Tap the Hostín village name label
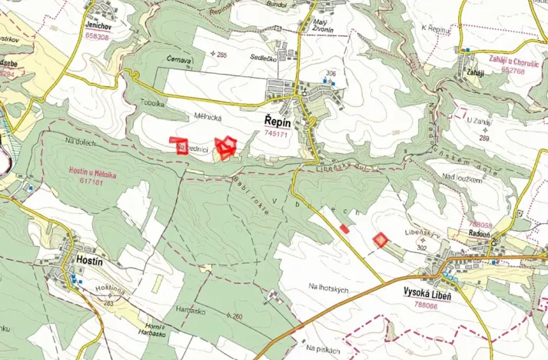pyautogui.click(x=91, y=261)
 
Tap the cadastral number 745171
pyautogui.click(x=275, y=134)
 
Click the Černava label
pyautogui.click(x=178, y=58)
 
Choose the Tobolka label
pyautogui.click(x=153, y=103)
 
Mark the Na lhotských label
pyautogui.click(x=328, y=287)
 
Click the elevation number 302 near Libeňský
pyautogui.click(x=442, y=248)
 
